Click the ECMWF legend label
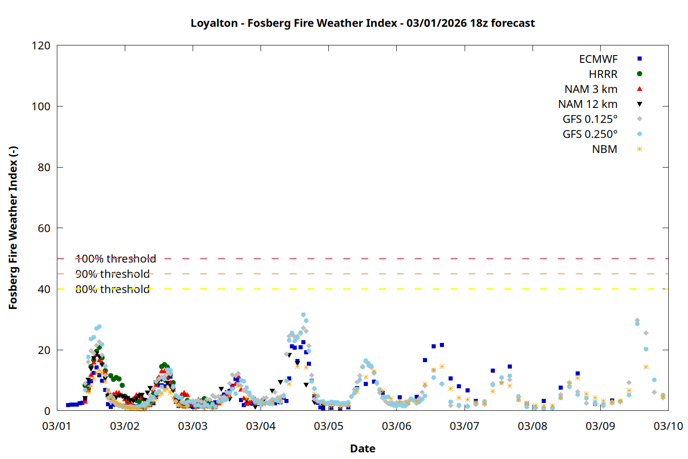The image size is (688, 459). pyautogui.click(x=598, y=59)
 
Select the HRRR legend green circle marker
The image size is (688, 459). pyautogui.click(x=639, y=74)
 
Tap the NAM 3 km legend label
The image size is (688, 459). pyautogui.click(x=591, y=89)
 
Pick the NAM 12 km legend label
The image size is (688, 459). pyautogui.click(x=588, y=104)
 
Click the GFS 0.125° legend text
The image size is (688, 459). pyautogui.click(x=590, y=119)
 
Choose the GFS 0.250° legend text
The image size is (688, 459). pyautogui.click(x=590, y=134)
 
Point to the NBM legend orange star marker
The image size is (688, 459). pyautogui.click(x=639, y=149)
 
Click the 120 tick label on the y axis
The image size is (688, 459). pyautogui.click(x=41, y=45)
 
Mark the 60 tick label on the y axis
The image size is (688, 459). pyautogui.click(x=44, y=228)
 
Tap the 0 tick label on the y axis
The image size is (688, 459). pyautogui.click(x=47, y=411)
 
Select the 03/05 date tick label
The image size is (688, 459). pyautogui.click(x=328, y=426)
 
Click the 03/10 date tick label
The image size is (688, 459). pyautogui.click(x=668, y=426)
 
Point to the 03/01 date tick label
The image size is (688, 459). pyautogui.click(x=56, y=426)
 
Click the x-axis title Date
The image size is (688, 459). pyautogui.click(x=362, y=448)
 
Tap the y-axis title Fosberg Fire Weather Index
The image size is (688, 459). pyautogui.click(x=13, y=228)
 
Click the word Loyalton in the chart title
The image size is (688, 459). pyautogui.click(x=214, y=23)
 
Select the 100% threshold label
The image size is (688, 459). pyautogui.click(x=116, y=259)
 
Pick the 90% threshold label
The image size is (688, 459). pyautogui.click(x=112, y=274)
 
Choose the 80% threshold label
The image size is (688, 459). pyautogui.click(x=112, y=289)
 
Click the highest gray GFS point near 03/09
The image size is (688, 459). pyautogui.click(x=637, y=320)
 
